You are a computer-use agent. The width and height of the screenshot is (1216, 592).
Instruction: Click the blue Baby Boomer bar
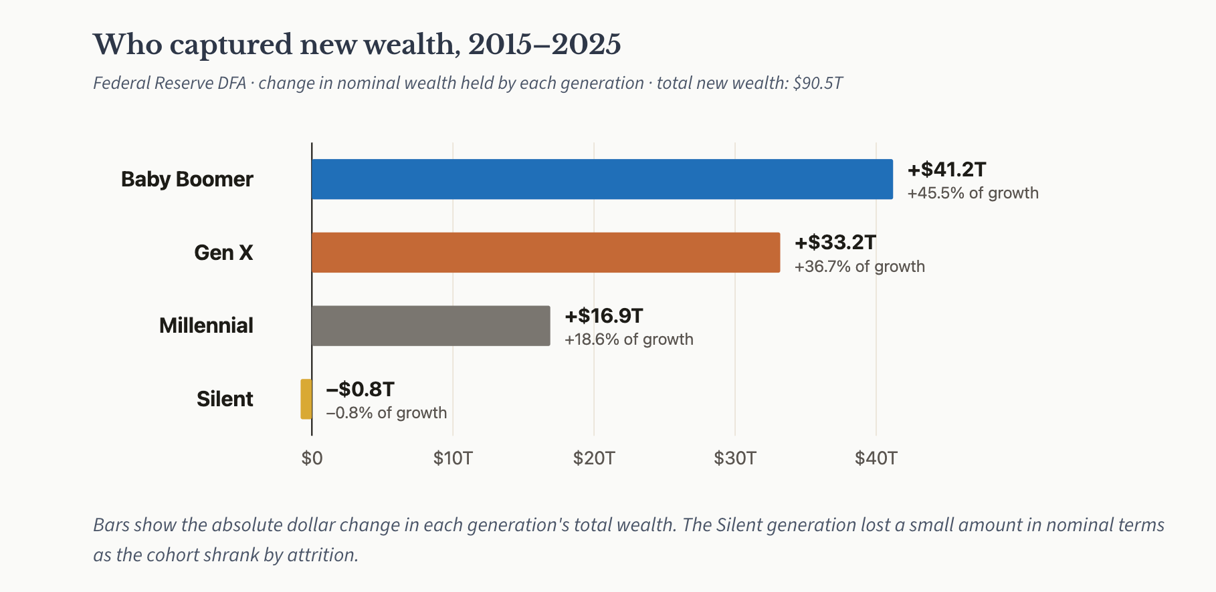click(x=602, y=179)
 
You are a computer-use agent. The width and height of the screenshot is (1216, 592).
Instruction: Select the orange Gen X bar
click(x=546, y=253)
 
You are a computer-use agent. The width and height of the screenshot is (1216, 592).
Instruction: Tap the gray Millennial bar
click(x=431, y=326)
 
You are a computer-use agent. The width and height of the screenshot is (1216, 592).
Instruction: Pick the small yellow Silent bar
click(x=306, y=399)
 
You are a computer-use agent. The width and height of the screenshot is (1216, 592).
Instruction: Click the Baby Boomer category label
click(x=187, y=179)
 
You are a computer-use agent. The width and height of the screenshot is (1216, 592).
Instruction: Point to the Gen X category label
click(x=223, y=253)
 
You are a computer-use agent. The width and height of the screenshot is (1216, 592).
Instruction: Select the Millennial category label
click(x=206, y=325)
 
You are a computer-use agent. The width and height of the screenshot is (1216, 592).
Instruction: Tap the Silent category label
click(x=225, y=399)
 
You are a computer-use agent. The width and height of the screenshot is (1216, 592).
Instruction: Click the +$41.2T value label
click(x=946, y=169)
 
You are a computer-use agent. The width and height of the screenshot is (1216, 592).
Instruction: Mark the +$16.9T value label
click(x=604, y=315)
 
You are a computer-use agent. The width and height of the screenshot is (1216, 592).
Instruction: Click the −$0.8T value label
click(x=360, y=389)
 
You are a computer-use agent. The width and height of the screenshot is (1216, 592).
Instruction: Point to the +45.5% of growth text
click(x=973, y=193)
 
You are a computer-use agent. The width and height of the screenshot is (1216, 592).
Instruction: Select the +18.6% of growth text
click(x=629, y=339)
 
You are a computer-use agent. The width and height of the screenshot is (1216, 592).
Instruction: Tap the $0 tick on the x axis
click(x=312, y=458)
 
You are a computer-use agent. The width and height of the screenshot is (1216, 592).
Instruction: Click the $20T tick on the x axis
click(x=594, y=458)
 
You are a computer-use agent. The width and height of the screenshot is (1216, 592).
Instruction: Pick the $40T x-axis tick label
click(x=876, y=458)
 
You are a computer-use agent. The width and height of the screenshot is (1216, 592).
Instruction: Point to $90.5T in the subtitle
click(x=817, y=83)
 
